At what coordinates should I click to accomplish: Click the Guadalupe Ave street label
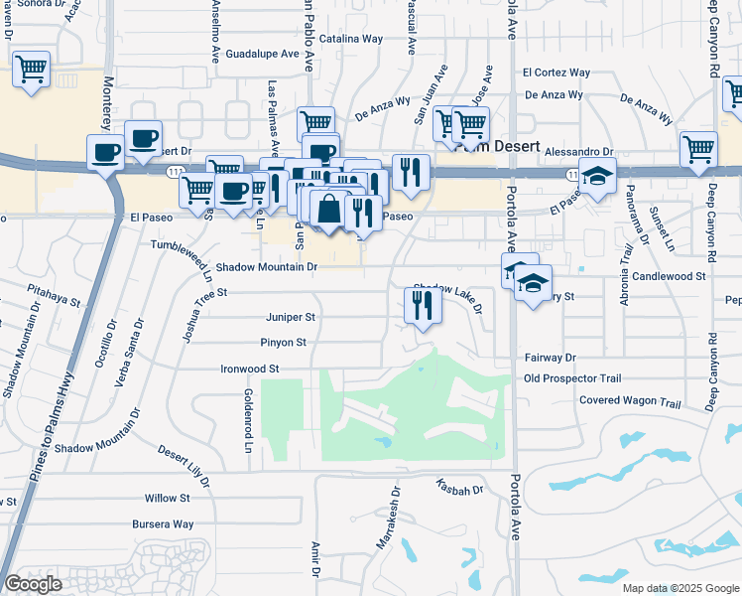(263, 55)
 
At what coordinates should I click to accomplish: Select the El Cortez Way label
(556, 73)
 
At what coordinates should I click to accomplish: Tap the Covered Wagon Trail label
(630, 403)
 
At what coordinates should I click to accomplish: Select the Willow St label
(167, 498)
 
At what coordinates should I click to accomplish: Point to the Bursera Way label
(163, 523)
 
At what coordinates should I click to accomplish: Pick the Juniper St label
(290, 318)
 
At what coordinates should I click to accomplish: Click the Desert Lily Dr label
(185, 465)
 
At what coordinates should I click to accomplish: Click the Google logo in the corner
(34, 583)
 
